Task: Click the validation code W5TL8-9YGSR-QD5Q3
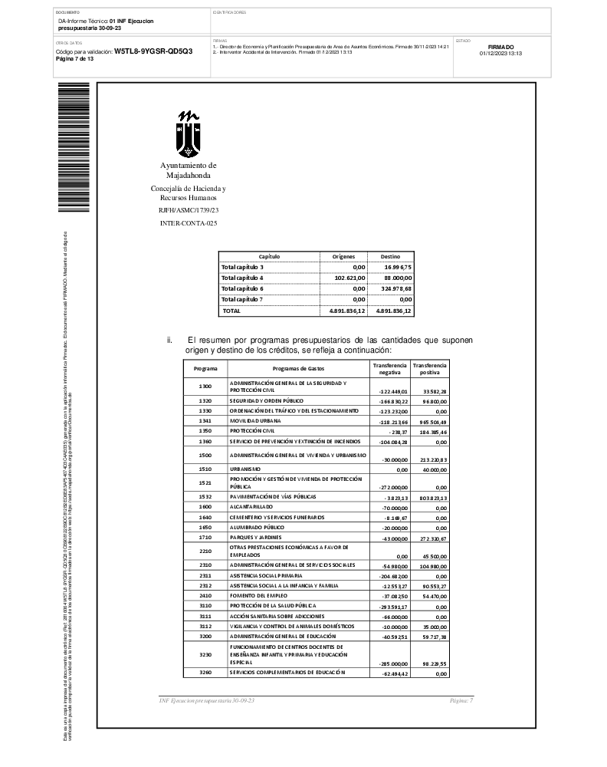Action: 153,51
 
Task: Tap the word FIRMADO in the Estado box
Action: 500,47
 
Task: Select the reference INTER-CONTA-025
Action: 188,222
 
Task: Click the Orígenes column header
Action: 343,256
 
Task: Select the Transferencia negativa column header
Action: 389,369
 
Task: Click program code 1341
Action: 205,421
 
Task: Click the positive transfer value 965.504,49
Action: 429,422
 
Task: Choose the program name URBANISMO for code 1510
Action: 245,469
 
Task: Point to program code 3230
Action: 205,654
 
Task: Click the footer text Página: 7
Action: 461,701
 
